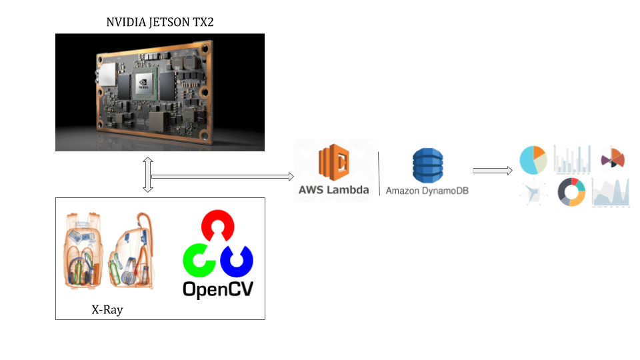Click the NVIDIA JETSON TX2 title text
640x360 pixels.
tap(160, 22)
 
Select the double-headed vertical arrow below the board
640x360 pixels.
tap(148, 175)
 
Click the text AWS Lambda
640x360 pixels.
tap(333, 189)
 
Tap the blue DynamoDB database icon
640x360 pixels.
tap(427, 165)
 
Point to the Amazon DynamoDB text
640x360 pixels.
tap(427, 191)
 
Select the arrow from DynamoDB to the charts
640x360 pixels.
tap(492, 170)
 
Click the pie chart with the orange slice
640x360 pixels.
tap(533, 159)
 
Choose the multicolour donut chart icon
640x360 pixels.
tap(571, 192)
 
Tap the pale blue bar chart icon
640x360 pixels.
tap(572, 160)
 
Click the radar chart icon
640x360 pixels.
tap(534, 193)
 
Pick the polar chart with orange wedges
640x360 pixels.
tap(613, 158)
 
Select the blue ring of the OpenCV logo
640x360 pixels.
tap(237, 261)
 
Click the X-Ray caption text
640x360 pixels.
tap(107, 310)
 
